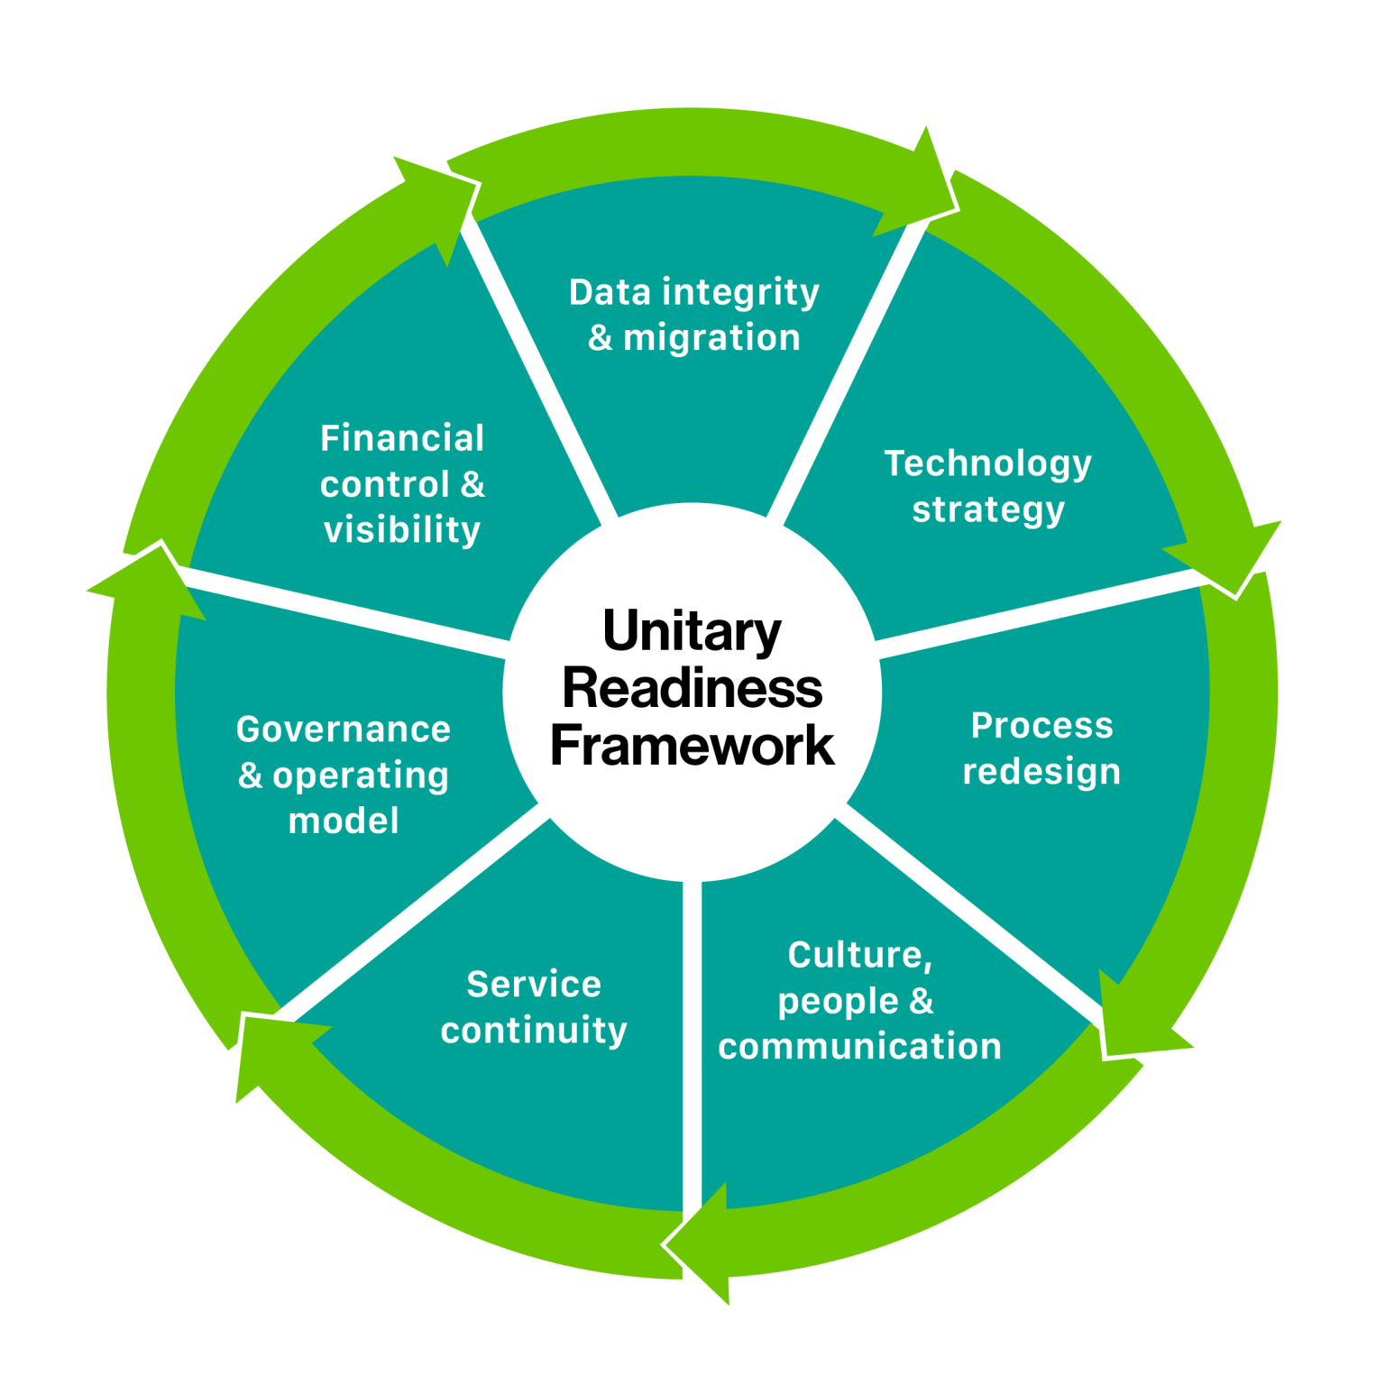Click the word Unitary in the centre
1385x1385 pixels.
692,631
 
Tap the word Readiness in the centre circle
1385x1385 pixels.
692,688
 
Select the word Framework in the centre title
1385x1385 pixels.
692,746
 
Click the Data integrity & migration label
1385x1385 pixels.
693,315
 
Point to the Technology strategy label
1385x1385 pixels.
987,486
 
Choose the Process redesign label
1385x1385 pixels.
1041,748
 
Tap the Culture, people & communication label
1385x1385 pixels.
859,1001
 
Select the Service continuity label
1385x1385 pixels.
534,1007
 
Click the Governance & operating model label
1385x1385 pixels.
344,775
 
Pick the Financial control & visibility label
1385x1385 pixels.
402,484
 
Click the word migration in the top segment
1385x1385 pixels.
711,338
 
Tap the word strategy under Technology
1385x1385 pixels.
988,509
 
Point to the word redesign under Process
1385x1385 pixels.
1041,772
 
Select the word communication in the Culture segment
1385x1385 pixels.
859,1047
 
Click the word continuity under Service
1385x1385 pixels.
534,1031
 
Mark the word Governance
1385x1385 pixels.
344,729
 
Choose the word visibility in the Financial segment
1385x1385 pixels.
402,530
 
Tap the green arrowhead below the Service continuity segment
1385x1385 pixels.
703,1244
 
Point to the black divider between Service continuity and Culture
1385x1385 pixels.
692,1037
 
